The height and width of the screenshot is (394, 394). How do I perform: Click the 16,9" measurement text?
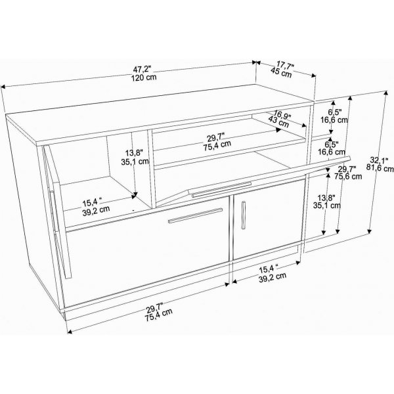282,115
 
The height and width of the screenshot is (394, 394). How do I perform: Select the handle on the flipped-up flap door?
211,191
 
